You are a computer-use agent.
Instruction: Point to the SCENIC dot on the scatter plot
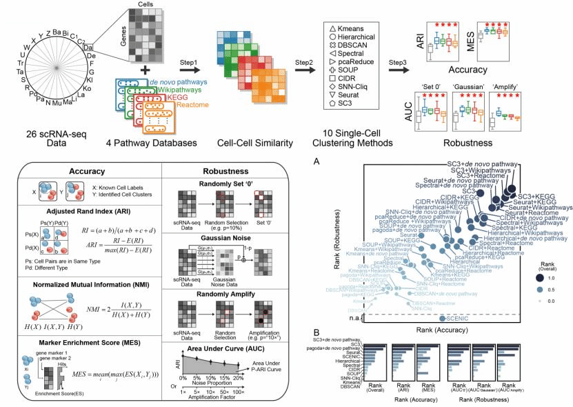(x=443, y=317)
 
